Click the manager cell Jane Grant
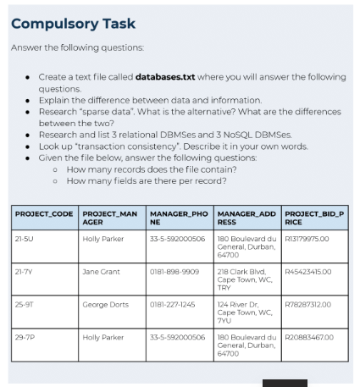101,272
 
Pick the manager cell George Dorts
104,304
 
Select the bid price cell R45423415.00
310,272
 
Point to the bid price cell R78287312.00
310,304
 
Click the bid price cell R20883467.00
310,336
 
